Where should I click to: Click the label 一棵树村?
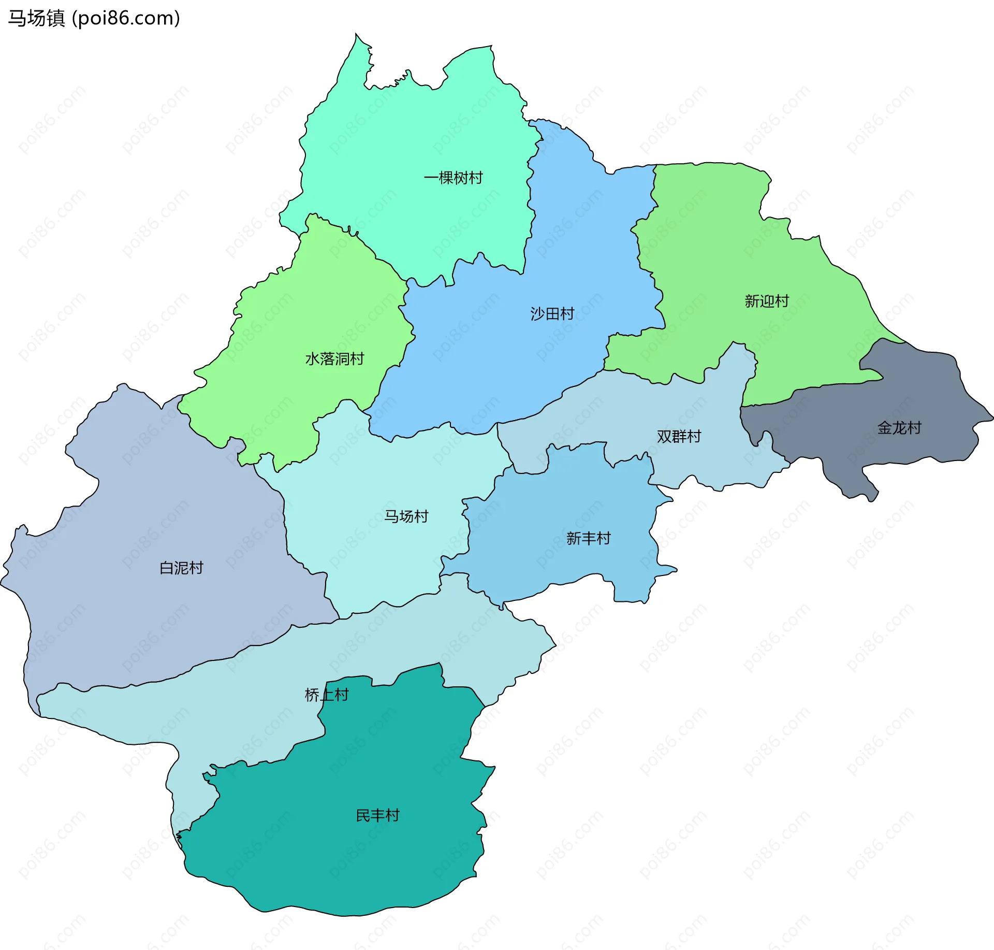(x=453, y=178)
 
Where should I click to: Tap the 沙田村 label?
(x=552, y=313)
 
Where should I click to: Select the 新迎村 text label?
(x=766, y=301)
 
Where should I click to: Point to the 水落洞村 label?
(x=334, y=358)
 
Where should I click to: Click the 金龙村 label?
(x=899, y=428)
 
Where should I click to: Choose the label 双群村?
(x=679, y=436)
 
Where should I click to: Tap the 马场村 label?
(x=406, y=516)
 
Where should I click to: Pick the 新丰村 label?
(x=588, y=538)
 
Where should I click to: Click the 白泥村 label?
(x=181, y=568)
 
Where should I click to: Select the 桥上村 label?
(x=327, y=695)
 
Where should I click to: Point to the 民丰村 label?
(x=377, y=815)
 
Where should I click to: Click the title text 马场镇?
(x=36, y=18)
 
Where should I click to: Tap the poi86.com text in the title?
(x=126, y=18)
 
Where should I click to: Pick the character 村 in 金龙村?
(x=914, y=428)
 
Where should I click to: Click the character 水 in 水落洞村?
(x=312, y=358)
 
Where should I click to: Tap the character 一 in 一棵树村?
(x=431, y=178)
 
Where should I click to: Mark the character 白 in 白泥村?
(x=166, y=568)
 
